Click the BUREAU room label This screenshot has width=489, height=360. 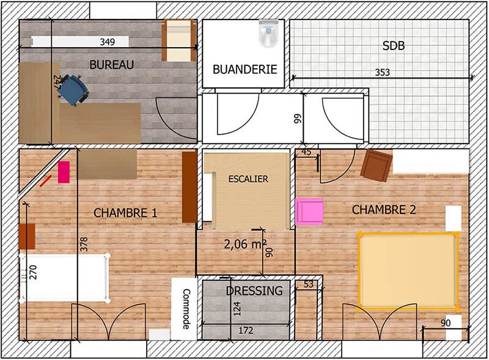pos(112,65)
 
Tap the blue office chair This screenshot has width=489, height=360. pos(73,90)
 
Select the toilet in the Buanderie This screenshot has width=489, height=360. pos(268,33)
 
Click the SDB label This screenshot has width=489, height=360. pos(394,46)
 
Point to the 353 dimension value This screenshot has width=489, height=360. pos(383,72)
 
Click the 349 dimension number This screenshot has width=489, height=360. pos(108,42)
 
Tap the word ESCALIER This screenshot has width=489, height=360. pos(248,179)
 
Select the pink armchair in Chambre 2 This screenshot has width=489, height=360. pos(309,211)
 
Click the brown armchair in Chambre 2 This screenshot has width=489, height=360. pos(376,166)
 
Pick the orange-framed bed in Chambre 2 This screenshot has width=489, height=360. pos(408,271)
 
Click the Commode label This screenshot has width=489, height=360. pos(186,309)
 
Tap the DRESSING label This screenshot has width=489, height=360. pos(254,291)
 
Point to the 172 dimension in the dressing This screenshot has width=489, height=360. pos(246,331)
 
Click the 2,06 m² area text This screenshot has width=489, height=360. pos(246,244)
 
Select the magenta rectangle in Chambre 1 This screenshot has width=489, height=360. pos(64,172)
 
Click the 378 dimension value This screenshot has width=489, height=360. pos(84,244)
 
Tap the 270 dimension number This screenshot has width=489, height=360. pos(33,272)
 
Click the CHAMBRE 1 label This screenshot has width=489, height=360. pos(125,213)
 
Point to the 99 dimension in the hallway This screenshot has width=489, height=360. pos(298,119)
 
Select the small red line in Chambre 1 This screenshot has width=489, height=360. pos(45,181)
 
